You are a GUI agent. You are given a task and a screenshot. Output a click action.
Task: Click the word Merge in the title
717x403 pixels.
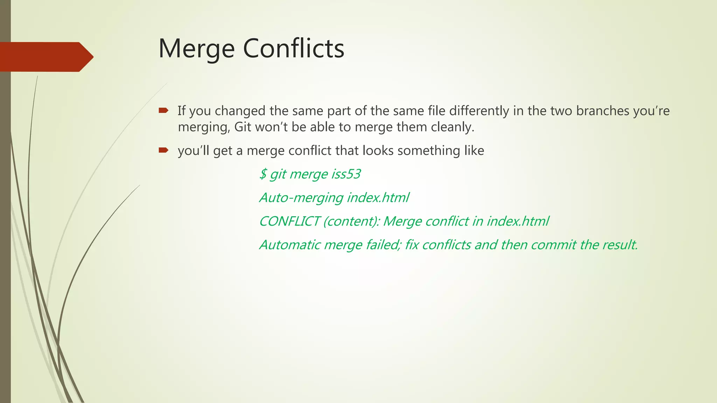click(x=196, y=49)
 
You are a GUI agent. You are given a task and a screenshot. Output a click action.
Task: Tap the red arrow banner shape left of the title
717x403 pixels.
click(x=46, y=57)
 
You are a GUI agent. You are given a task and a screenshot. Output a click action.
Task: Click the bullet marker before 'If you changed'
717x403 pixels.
click(x=163, y=111)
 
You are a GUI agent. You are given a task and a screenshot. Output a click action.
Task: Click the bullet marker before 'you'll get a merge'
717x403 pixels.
click(x=163, y=150)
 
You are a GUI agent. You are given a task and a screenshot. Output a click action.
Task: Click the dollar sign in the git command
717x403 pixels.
click(x=263, y=174)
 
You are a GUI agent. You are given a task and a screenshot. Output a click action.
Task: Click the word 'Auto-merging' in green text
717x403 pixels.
click(x=301, y=198)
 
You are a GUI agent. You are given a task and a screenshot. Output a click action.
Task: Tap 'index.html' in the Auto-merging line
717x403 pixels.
click(x=378, y=198)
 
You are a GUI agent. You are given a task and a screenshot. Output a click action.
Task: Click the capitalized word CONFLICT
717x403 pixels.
click(x=289, y=221)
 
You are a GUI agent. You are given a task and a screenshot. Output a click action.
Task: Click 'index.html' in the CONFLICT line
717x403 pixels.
click(x=518, y=221)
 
